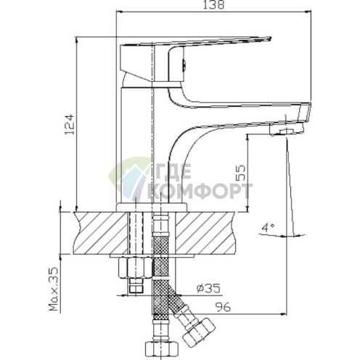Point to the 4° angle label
[x=269, y=227]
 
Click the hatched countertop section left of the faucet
[x=94, y=231]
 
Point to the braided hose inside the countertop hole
[x=160, y=232]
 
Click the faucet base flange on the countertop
[x=152, y=208]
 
